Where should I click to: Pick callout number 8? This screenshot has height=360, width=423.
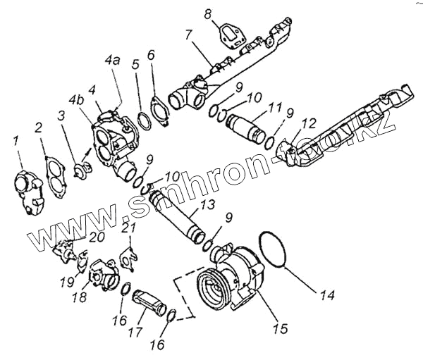point(207,13)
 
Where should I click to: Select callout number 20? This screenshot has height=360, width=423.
point(97,236)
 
